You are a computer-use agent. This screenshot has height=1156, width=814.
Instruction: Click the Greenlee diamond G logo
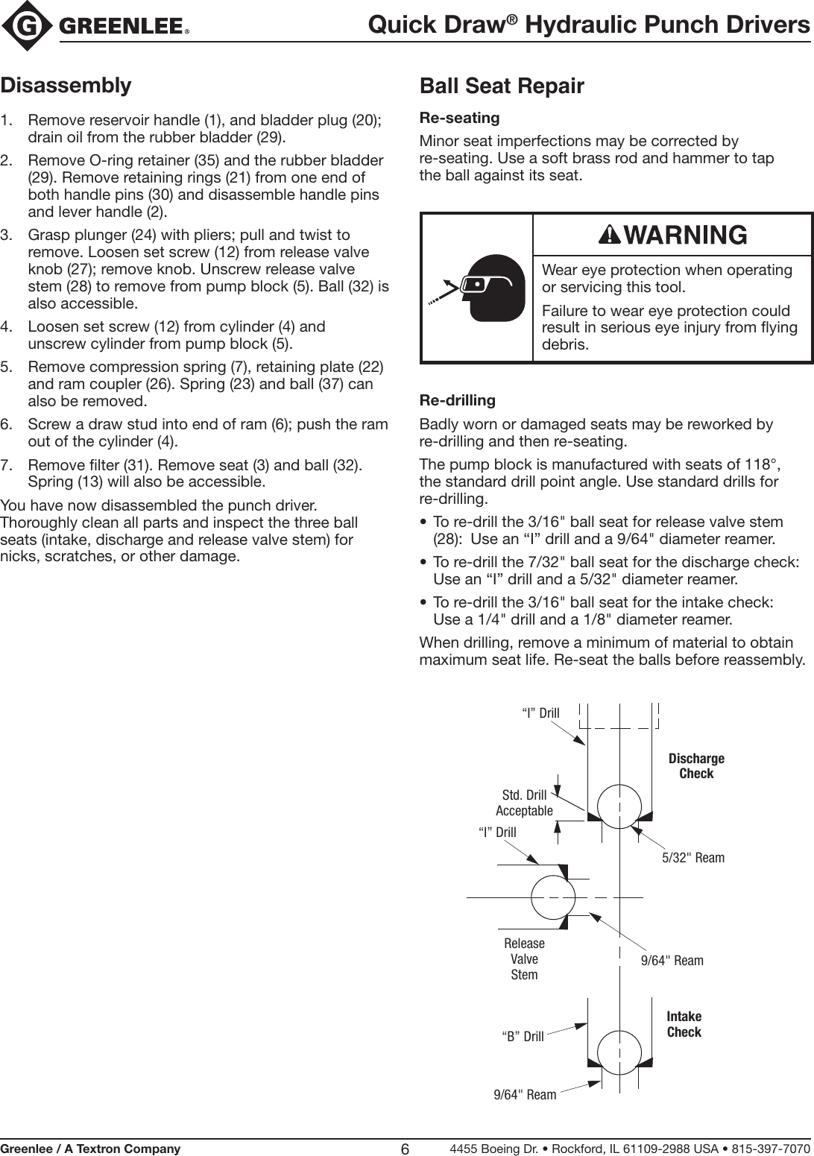[28, 26]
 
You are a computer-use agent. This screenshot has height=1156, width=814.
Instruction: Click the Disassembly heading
[66, 85]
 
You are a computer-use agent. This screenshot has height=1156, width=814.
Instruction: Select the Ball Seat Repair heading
[502, 86]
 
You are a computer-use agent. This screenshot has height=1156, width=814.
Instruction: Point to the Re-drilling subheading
[458, 400]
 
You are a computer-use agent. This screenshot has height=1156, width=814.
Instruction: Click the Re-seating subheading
[460, 118]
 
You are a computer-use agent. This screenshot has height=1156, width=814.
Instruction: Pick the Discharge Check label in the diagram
[696, 766]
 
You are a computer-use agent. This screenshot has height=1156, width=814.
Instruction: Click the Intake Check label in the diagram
[684, 1024]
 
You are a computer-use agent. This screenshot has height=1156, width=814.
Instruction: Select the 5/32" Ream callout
[693, 858]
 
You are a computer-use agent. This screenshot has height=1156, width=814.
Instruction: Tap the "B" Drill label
[523, 1037]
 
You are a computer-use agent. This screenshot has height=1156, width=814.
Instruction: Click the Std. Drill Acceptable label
[525, 803]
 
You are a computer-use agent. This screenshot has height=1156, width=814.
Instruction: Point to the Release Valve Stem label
[524, 959]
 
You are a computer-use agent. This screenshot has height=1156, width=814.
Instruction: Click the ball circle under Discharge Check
[619, 806]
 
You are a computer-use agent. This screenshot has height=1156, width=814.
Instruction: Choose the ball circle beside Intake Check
[619, 1052]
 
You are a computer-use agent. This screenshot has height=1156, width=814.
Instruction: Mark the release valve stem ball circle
[553, 897]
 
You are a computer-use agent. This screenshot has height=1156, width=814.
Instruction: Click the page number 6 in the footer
[405, 1149]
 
